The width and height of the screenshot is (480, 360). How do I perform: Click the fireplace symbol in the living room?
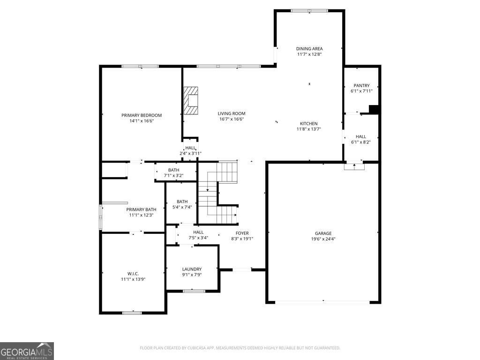[191, 100]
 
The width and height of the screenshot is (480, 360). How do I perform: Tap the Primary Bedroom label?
[142, 115]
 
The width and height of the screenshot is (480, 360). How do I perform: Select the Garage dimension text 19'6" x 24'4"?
[323, 239]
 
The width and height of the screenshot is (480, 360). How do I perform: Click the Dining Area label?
[309, 49]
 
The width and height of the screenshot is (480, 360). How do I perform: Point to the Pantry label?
[361, 86]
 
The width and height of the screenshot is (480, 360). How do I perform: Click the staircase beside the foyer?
[218, 192]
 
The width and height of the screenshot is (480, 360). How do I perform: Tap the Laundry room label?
[192, 269]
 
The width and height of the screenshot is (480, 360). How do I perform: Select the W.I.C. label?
[133, 274]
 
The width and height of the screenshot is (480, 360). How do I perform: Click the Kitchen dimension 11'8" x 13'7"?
[309, 129]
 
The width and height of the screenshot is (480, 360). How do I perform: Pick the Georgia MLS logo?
[27, 351]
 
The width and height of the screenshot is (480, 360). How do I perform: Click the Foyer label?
[242, 233]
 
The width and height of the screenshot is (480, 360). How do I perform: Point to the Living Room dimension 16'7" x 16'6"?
[232, 119]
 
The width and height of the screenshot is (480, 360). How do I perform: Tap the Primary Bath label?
[141, 210]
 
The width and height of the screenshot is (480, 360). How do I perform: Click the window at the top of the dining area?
[309, 10]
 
